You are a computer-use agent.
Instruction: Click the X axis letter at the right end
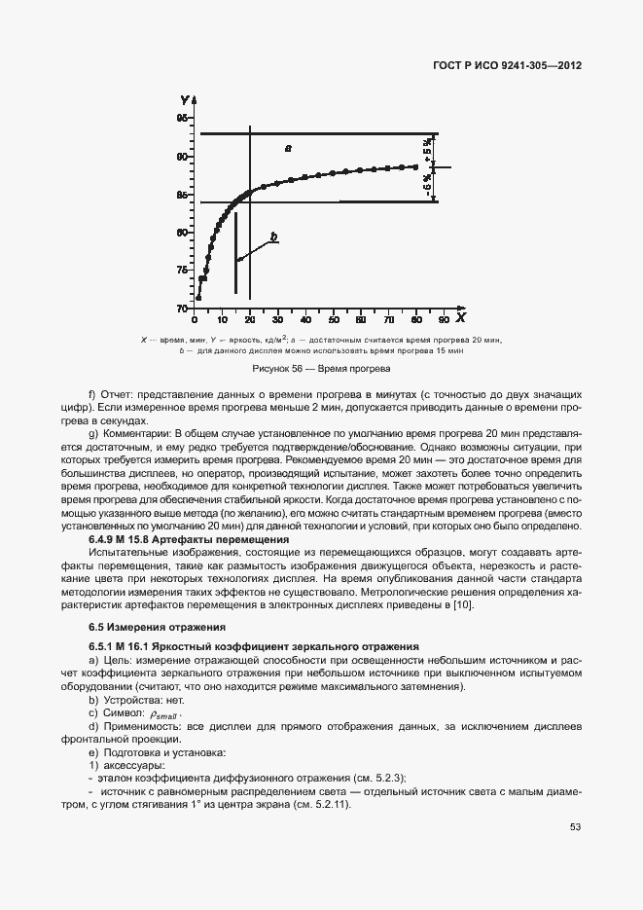pyautogui.click(x=460, y=318)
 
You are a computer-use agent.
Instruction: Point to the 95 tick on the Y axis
pyautogui.click(x=182, y=118)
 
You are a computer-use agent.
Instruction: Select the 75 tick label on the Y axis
pyautogui.click(x=182, y=270)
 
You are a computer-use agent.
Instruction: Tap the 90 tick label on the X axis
pyautogui.click(x=444, y=320)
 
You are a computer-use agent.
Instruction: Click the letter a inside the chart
pyautogui.click(x=288, y=147)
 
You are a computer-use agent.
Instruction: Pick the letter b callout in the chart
pyautogui.click(x=273, y=237)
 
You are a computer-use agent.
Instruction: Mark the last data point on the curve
pyautogui.click(x=415, y=167)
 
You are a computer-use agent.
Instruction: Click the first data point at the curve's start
pyautogui.click(x=198, y=298)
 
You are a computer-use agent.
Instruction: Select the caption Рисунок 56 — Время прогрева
pyautogui.click(x=321, y=369)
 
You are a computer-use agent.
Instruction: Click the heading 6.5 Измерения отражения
pyautogui.click(x=157, y=627)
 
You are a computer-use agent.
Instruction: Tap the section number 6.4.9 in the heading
pyautogui.click(x=105, y=538)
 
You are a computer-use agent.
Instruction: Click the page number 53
pyautogui.click(x=574, y=827)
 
